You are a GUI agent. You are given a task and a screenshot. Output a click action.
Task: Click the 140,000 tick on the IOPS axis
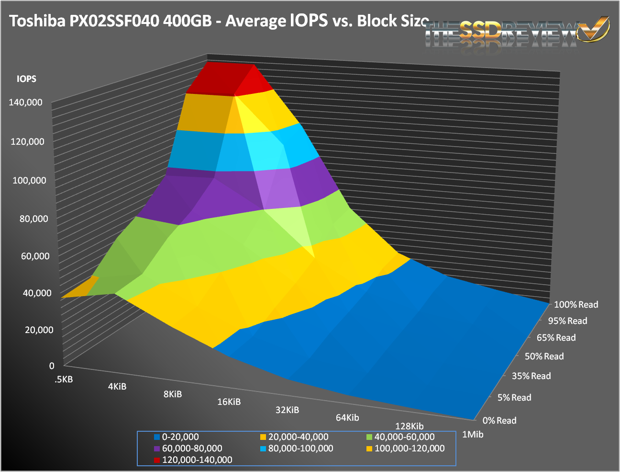coord(25,102)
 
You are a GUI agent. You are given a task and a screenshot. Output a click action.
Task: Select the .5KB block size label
coord(64,380)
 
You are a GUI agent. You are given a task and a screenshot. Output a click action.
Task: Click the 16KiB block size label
coord(229,402)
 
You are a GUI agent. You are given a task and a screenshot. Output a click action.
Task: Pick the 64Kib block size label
coord(347,417)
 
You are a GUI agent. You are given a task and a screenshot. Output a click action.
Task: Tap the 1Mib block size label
coord(473,435)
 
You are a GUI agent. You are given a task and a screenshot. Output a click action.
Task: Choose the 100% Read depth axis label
coord(576,304)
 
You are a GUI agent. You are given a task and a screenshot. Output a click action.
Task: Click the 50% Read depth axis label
coord(544,356)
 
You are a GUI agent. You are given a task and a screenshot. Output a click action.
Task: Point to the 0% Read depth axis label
coord(499,420)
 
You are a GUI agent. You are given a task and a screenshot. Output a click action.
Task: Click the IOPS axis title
coord(26,79)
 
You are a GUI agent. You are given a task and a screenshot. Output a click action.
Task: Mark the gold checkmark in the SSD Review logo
coord(594,30)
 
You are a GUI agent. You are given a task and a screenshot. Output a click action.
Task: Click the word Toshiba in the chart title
coord(34,21)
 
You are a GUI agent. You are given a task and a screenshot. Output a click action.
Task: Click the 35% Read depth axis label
coord(531,376)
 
